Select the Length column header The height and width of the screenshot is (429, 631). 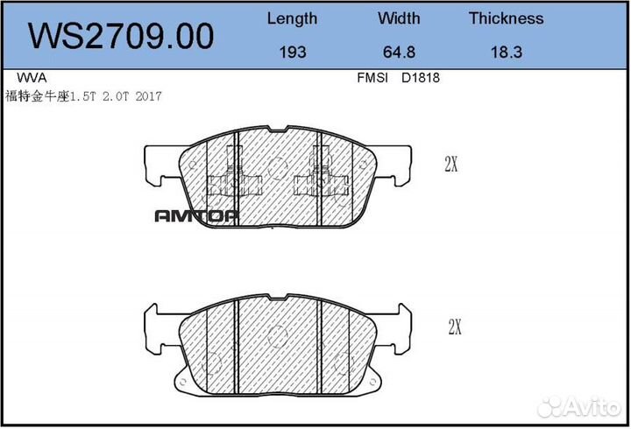point(292,18)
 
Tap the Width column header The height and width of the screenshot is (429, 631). point(399,18)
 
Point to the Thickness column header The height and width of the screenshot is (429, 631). point(506,18)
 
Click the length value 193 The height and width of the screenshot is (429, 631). point(292,53)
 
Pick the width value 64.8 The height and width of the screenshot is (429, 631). point(399,53)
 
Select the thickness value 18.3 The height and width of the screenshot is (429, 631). point(506,53)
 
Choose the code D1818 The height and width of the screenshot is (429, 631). point(420,77)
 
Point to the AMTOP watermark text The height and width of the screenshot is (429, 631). point(196,216)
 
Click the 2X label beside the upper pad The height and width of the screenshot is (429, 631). point(452,164)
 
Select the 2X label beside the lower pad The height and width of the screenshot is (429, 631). point(454,327)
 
